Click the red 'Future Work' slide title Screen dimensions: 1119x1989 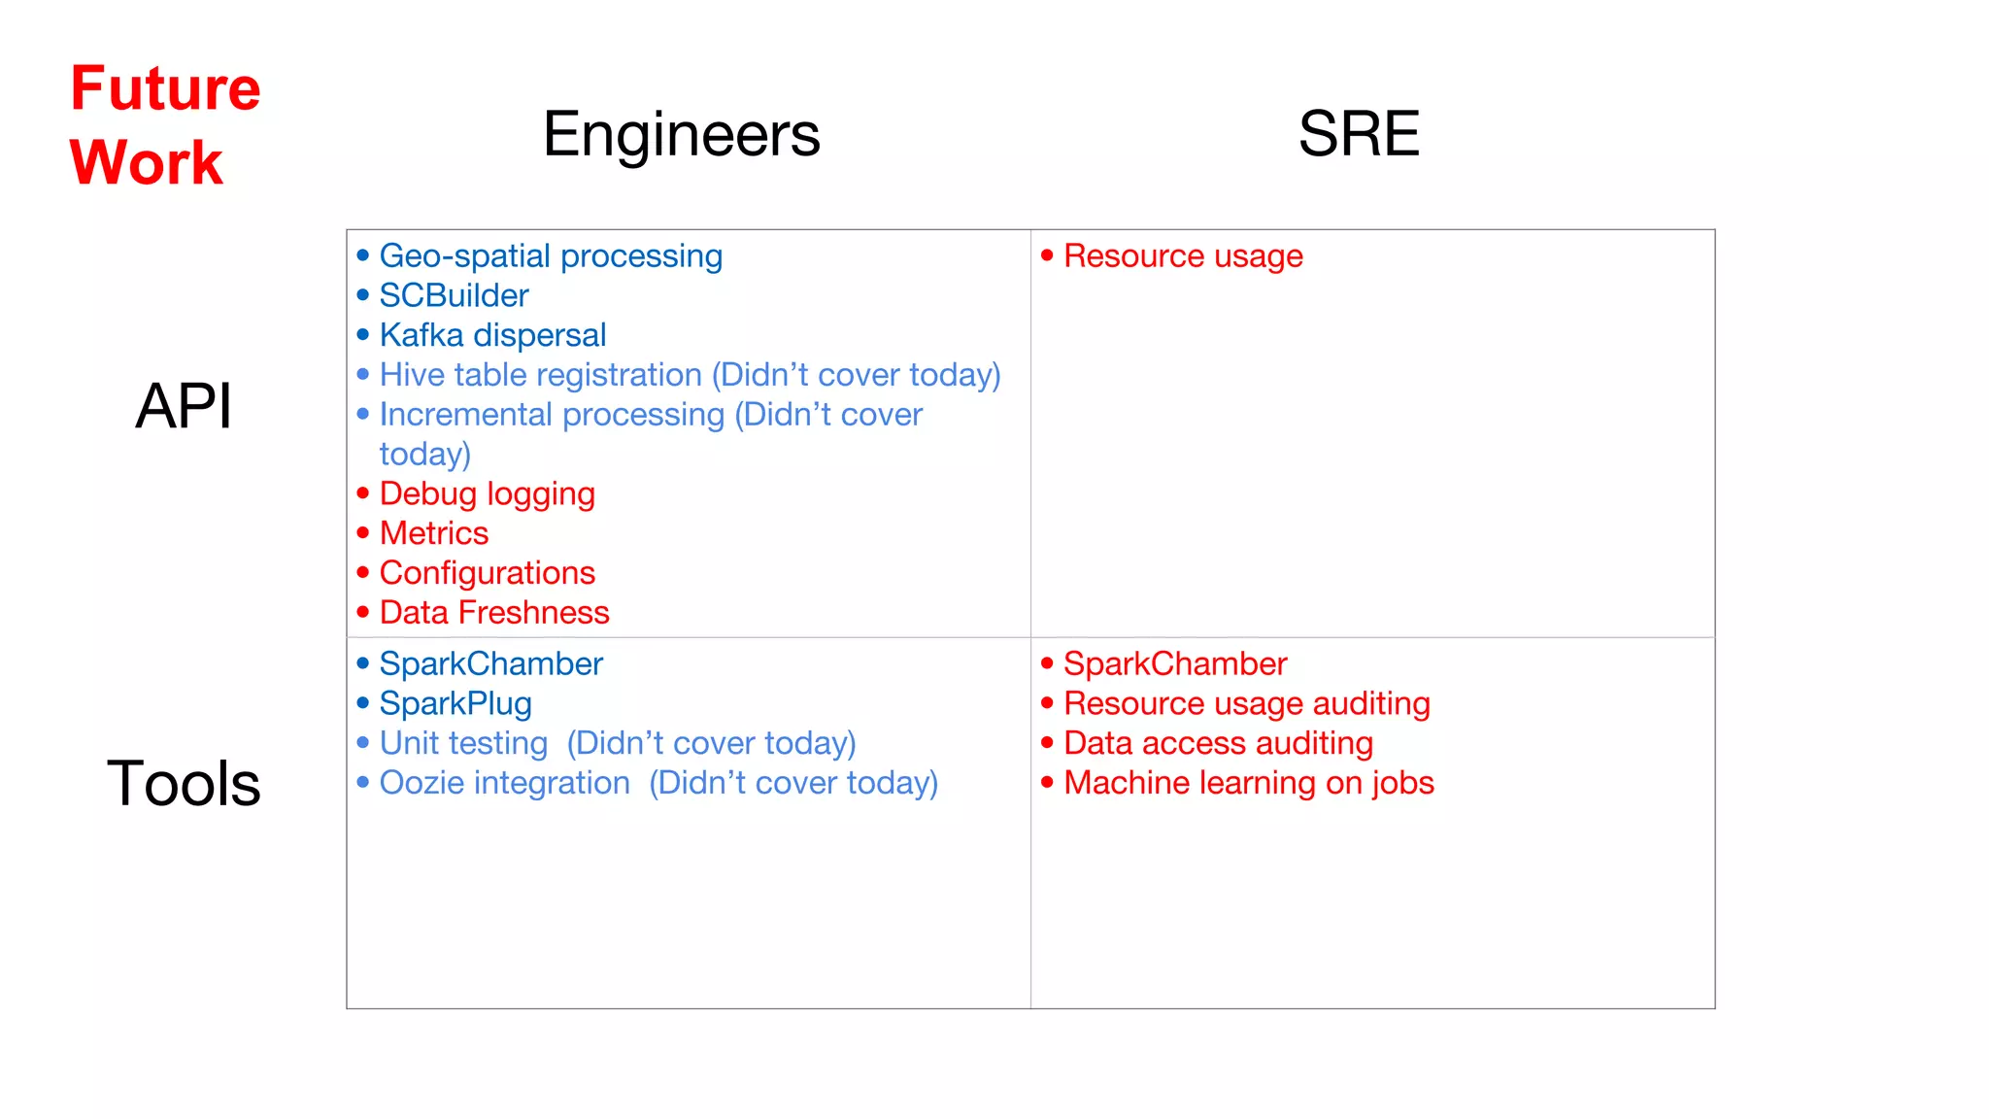[x=165, y=124]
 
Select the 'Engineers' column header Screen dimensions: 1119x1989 [x=681, y=134]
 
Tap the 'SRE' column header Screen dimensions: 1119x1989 [x=1358, y=134]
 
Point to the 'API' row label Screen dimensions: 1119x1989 [x=184, y=406]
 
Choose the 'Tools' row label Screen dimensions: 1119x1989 [x=184, y=783]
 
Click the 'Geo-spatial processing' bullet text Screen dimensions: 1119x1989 [x=551, y=256]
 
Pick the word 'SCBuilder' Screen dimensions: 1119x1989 [x=454, y=295]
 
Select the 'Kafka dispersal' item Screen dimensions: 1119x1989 [x=492, y=335]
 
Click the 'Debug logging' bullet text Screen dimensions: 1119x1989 [x=487, y=494]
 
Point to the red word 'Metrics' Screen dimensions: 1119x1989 [x=433, y=533]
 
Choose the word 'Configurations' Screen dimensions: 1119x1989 [x=487, y=573]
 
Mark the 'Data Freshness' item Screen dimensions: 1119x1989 [x=493, y=613]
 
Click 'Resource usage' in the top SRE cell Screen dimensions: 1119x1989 [x=1183, y=256]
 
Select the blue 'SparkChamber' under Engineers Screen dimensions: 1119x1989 [x=490, y=664]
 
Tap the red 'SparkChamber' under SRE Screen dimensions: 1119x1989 [x=1174, y=664]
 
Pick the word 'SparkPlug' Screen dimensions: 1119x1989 [x=455, y=704]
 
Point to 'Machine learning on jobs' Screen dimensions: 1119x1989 [x=1248, y=783]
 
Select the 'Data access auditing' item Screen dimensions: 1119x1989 [x=1218, y=743]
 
